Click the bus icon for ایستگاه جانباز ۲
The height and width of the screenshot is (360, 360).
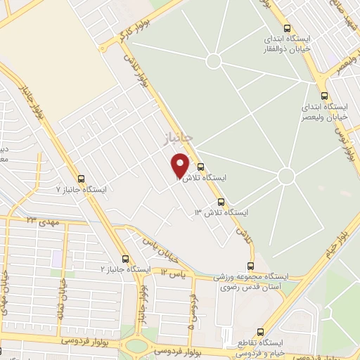[x=125, y=259]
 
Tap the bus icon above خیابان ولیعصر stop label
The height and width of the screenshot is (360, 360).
[x=323, y=95]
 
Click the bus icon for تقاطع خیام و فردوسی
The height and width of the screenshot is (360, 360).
[x=261, y=331]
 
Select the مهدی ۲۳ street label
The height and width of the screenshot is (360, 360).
[x=42, y=221]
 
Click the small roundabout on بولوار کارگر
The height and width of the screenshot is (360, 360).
[x=103, y=46]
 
